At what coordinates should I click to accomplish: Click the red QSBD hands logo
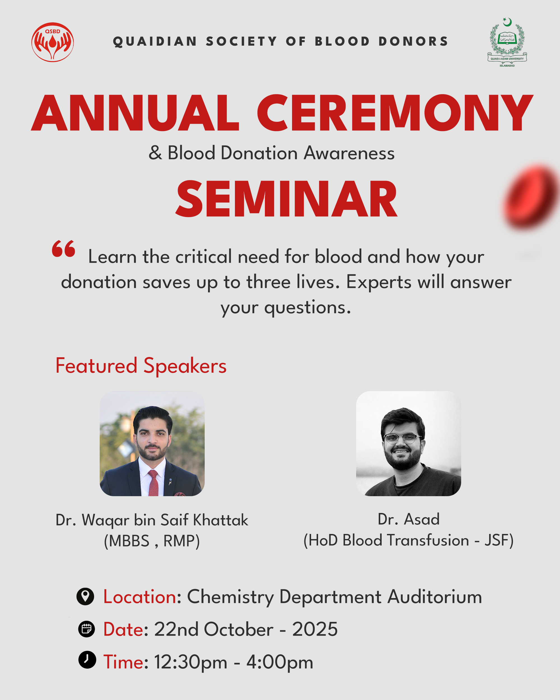[x=53, y=42]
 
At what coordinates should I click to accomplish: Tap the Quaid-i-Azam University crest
[x=507, y=42]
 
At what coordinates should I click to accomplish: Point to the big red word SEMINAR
[x=286, y=199]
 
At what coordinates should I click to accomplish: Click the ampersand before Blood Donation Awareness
[x=155, y=153]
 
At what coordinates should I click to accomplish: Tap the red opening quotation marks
[x=64, y=249]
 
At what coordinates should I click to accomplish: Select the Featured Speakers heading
[x=141, y=366]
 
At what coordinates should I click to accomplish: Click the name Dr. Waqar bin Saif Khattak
[x=151, y=520]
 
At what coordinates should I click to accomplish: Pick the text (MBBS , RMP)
[x=151, y=541]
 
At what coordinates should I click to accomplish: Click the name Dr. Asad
[x=409, y=519]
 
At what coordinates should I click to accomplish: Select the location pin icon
[x=85, y=596]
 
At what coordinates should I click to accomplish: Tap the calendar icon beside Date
[x=86, y=629]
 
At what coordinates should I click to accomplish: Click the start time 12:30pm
[x=191, y=662]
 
